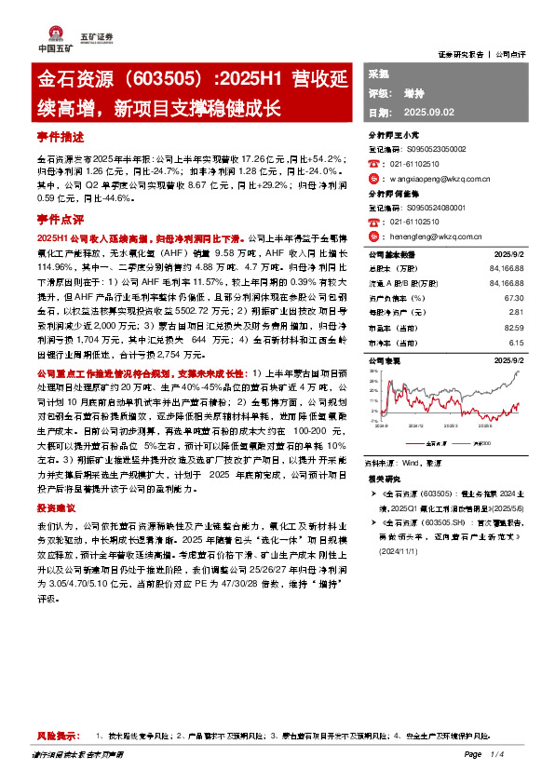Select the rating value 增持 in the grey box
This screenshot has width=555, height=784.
coord(414,93)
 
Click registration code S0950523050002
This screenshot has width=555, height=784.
coord(427,148)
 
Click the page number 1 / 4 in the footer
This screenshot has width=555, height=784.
coord(497,754)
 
